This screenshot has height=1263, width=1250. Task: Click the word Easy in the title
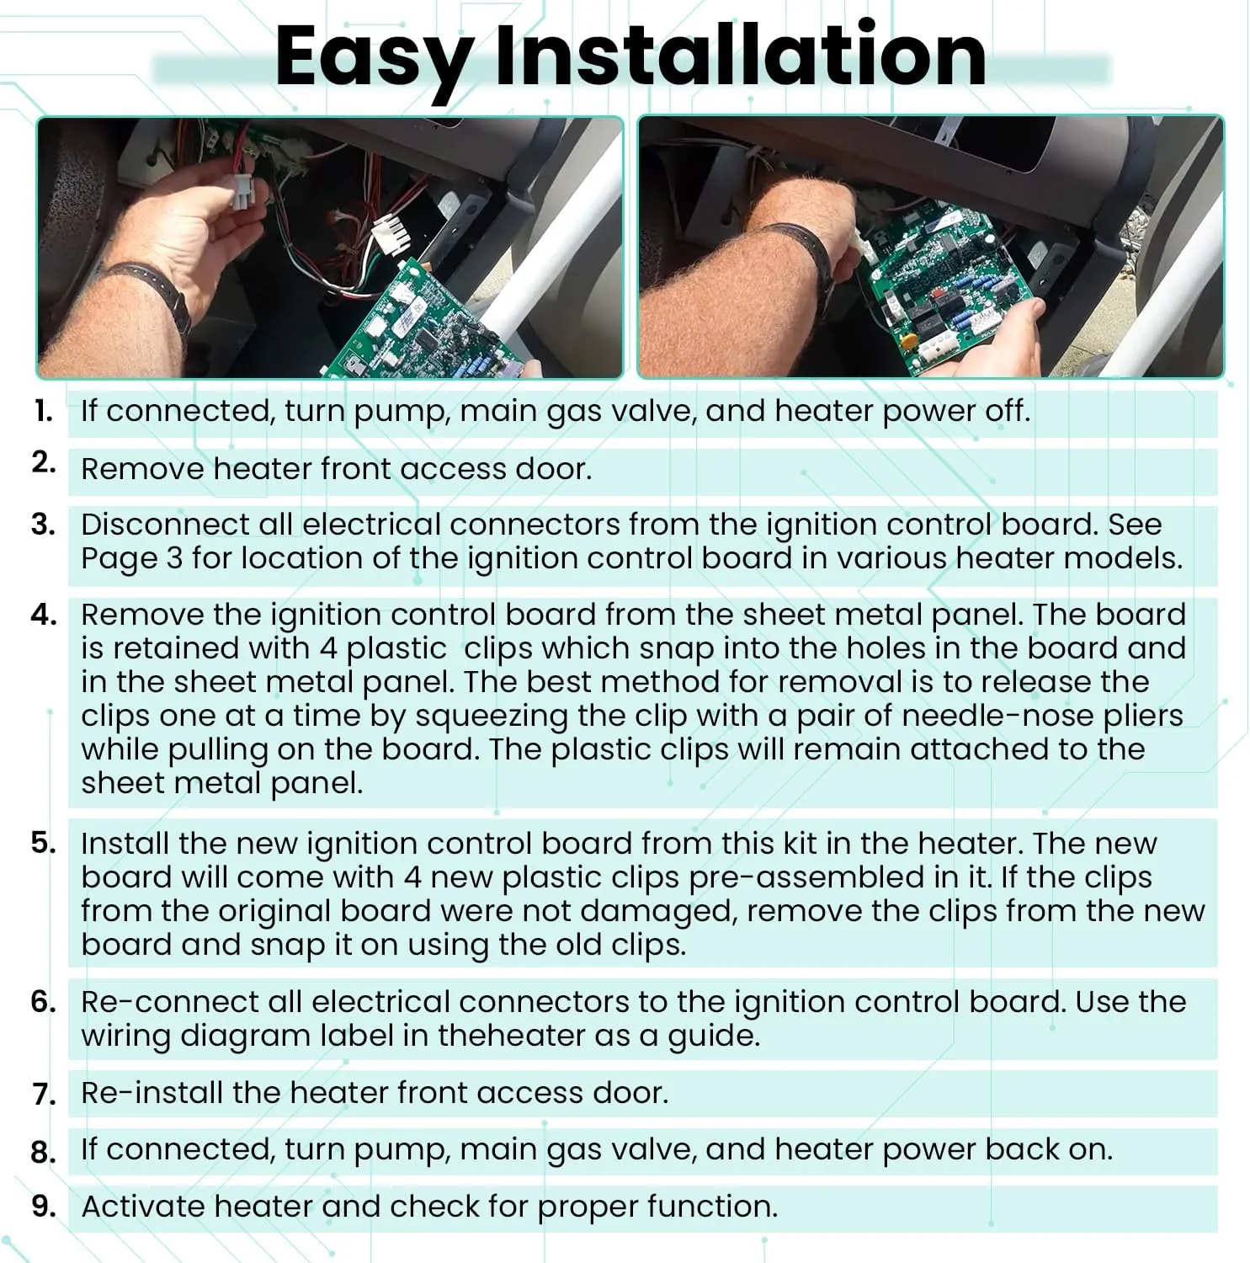point(374,57)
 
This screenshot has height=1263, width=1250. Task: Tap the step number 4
point(44,615)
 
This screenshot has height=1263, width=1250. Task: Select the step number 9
point(44,1206)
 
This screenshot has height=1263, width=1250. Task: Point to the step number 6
point(44,1002)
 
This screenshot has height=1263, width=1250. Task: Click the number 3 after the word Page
point(174,558)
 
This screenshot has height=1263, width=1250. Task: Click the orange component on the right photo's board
point(908,342)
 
